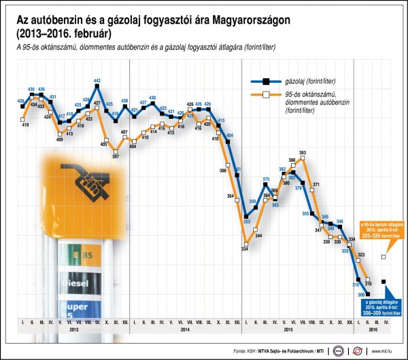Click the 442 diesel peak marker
pyautogui.click(x=97, y=87)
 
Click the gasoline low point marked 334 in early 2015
pyautogui.click(x=245, y=241)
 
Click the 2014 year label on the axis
pyautogui.click(x=186, y=329)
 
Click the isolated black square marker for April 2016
pyautogui.click(x=385, y=281)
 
